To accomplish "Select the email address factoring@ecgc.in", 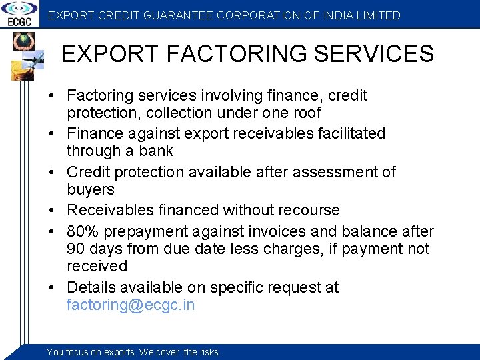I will pos(131,306).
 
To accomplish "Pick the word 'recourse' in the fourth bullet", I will pos(309,210).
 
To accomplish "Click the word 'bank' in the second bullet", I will pos(156,151).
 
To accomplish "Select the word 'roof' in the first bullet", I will pos(305,113).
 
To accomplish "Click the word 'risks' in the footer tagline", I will pos(210,352).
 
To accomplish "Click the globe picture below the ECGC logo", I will pos(22,41).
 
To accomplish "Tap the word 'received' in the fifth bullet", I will pos(97,266).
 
